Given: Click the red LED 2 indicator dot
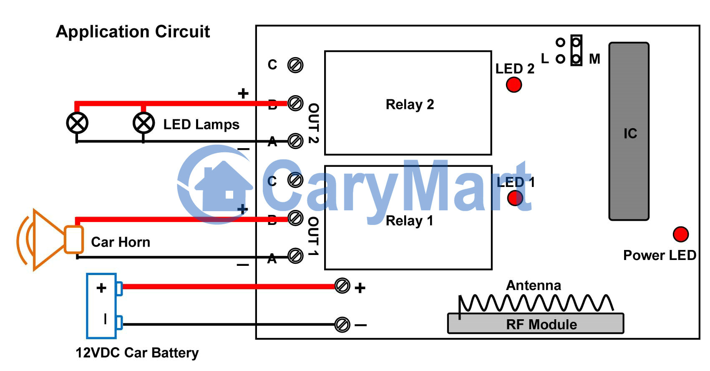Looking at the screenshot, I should (514, 85).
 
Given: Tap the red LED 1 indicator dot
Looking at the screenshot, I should (515, 198).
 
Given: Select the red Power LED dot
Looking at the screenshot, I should (681, 235).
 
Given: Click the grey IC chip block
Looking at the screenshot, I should (629, 131).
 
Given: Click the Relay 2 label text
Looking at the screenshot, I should (410, 104).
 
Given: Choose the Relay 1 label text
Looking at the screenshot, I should (409, 221).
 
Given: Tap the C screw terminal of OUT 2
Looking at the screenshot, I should (295, 65).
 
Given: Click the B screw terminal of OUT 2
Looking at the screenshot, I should (295, 103).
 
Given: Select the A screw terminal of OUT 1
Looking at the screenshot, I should (295, 256).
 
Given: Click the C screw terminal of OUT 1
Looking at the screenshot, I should (295, 180).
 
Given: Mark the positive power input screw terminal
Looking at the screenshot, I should (342, 286).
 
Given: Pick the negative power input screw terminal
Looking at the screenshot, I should (342, 325).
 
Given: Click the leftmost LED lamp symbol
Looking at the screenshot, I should (77, 123).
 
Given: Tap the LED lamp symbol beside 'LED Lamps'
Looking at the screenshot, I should (144, 123).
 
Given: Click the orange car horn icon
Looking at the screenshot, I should (50, 240).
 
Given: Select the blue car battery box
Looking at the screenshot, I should (101, 306).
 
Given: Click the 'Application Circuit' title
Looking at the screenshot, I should (133, 32).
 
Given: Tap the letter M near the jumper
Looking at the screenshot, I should (594, 59).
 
